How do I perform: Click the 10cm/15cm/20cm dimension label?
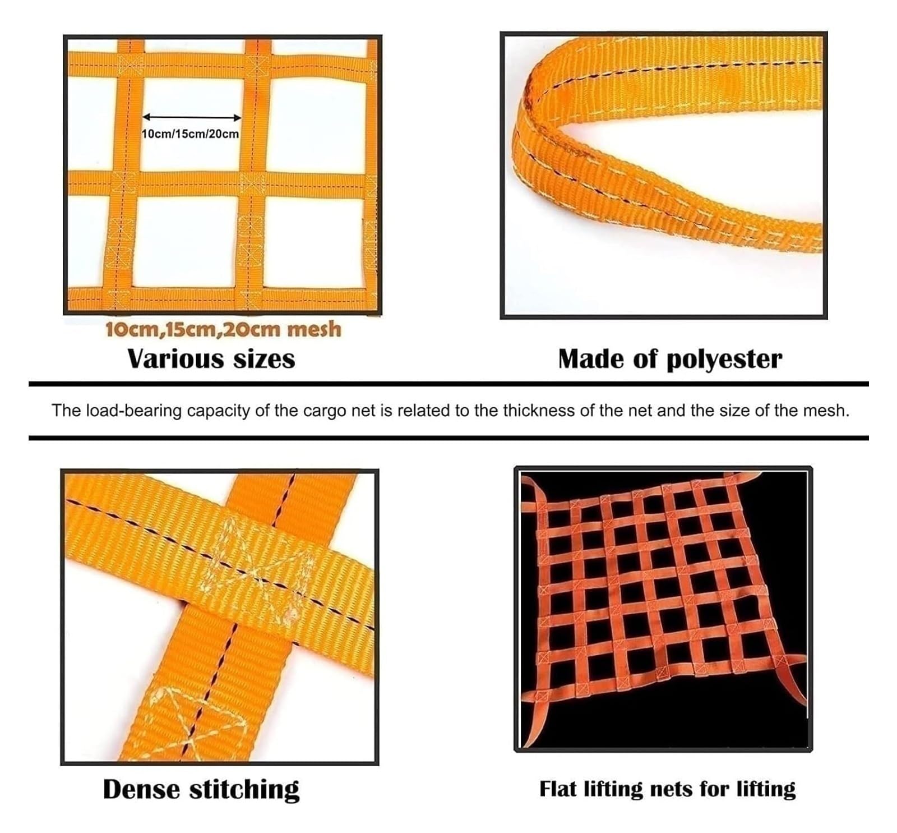pyautogui.click(x=191, y=134)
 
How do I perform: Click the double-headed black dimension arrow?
pyautogui.click(x=192, y=117)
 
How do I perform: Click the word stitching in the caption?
pyautogui.click(x=244, y=790)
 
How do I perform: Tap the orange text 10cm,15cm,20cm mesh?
pyautogui.click(x=223, y=329)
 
